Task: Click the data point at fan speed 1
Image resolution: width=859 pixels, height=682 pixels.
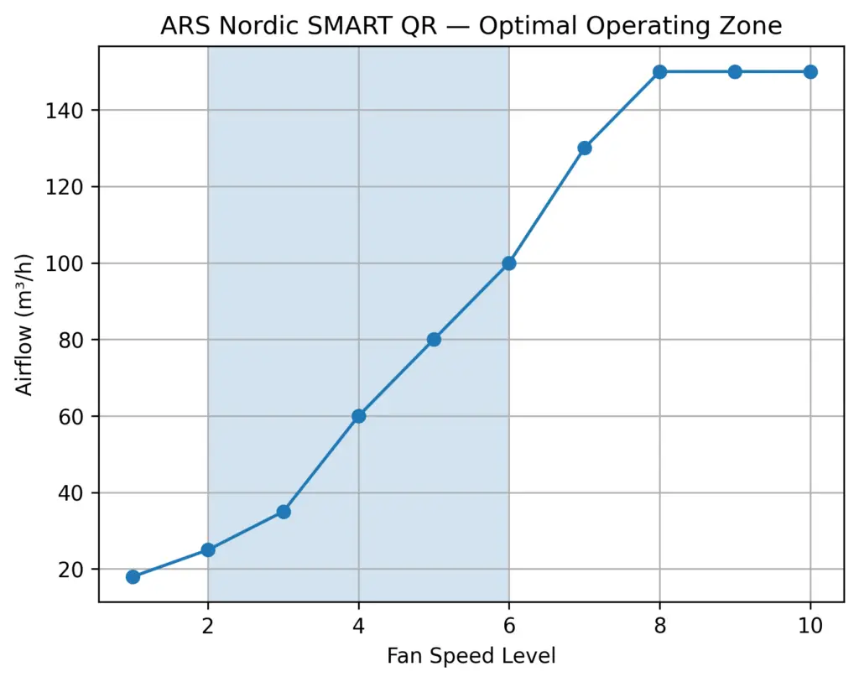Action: click(x=133, y=576)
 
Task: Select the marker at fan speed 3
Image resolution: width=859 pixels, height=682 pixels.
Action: click(x=284, y=512)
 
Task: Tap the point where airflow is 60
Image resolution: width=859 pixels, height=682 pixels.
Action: click(x=359, y=416)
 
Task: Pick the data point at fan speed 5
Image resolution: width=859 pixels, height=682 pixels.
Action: click(x=434, y=340)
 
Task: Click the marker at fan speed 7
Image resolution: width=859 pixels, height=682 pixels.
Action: click(x=585, y=148)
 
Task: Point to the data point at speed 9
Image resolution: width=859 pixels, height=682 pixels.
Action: click(x=735, y=72)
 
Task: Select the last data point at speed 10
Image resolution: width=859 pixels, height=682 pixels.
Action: click(x=810, y=72)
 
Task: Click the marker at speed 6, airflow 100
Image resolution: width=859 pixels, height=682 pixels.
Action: click(x=509, y=263)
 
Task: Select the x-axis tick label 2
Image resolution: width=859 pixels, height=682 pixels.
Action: click(x=208, y=625)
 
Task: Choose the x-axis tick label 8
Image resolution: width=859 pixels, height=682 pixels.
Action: click(x=660, y=625)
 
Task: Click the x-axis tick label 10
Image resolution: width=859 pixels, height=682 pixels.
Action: click(x=810, y=625)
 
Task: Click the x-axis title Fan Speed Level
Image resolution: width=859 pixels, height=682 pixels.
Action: click(x=471, y=655)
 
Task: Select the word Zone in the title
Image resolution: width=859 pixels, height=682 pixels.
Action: click(x=752, y=26)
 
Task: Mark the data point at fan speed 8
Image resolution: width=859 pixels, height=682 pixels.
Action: click(x=660, y=72)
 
